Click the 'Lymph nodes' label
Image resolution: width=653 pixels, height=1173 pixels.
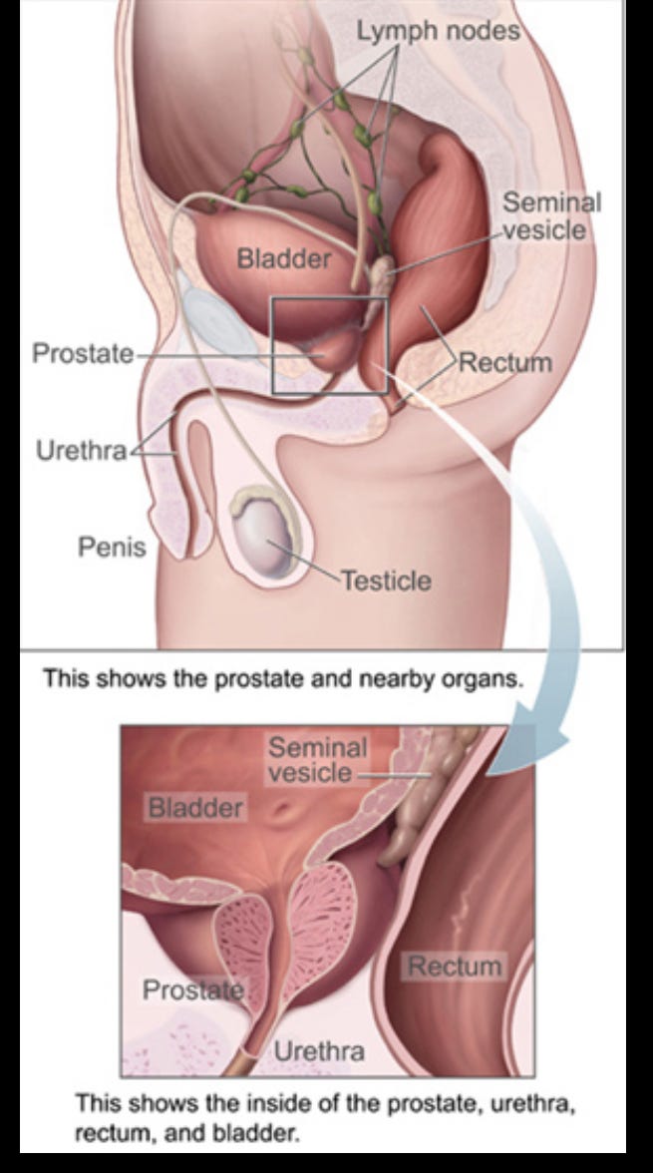(x=439, y=32)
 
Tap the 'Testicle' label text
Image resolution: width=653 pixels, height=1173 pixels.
(x=387, y=580)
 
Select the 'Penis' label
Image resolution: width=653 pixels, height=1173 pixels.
(x=112, y=546)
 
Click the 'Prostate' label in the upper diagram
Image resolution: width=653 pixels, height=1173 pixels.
(x=83, y=354)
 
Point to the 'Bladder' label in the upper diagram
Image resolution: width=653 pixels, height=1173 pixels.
(x=283, y=260)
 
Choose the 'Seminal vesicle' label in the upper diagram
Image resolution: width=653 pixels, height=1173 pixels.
(x=552, y=216)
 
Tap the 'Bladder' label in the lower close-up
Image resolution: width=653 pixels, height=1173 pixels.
(x=195, y=807)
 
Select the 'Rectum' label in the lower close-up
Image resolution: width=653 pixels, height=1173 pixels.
(x=455, y=966)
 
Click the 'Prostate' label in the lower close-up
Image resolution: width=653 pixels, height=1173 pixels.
(x=192, y=989)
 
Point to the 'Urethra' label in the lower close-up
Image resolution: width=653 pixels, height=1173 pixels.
(x=318, y=1050)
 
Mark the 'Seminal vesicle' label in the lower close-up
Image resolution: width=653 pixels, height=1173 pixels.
(x=317, y=759)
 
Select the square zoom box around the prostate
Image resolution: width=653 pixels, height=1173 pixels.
(x=330, y=345)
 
